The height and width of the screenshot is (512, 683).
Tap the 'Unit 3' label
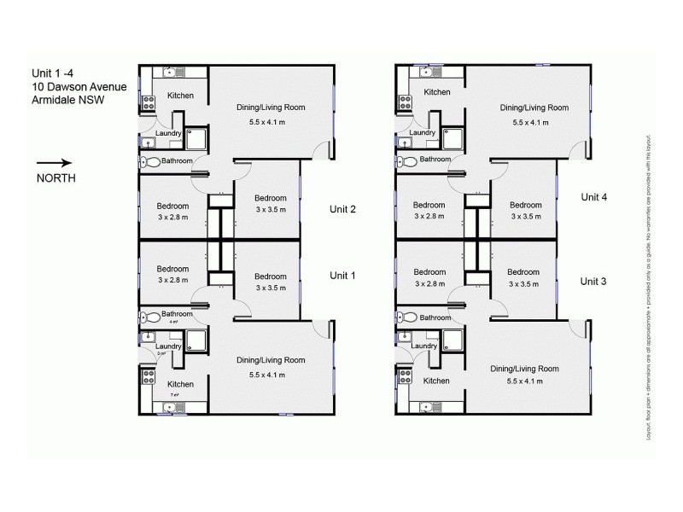tap(593, 281)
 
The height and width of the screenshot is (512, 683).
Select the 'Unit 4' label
tap(593, 196)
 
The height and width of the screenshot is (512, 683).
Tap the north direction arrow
tap(55, 162)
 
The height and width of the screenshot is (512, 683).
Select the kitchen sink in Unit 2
tap(169, 73)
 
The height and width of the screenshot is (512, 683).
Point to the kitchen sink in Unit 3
tap(425, 406)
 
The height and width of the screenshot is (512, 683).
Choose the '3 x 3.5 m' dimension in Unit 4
tap(526, 217)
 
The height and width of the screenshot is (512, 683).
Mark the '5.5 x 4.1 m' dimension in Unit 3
tap(525, 381)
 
